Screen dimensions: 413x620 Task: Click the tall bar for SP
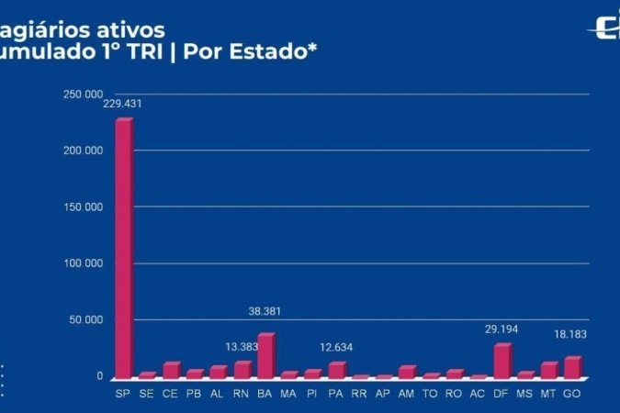(123, 248)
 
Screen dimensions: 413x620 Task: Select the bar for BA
(265, 356)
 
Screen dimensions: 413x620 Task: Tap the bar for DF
(502, 361)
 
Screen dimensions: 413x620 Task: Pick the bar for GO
(572, 367)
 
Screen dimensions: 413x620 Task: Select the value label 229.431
(123, 104)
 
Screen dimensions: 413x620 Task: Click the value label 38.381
(265, 311)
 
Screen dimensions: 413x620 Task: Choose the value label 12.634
(336, 348)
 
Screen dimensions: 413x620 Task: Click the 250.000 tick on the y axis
(83, 94)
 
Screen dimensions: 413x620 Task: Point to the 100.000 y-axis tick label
(83, 263)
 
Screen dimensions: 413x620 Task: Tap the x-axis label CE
(171, 393)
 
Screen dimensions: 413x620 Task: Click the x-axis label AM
(407, 393)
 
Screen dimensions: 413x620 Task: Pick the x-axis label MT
(548, 393)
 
